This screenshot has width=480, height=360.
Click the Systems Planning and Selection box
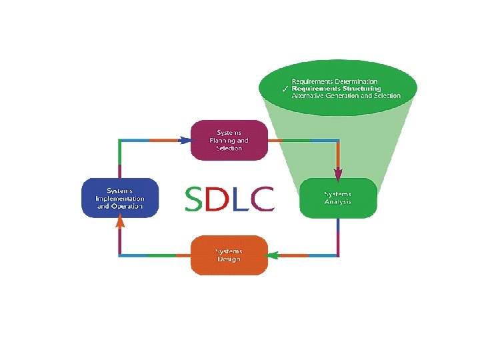tap(229, 140)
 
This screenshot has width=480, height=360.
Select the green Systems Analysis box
tap(338, 198)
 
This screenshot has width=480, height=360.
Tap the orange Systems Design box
tap(229, 255)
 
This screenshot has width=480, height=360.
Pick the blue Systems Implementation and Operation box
tap(120, 198)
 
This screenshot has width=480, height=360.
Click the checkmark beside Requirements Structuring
tap(285, 89)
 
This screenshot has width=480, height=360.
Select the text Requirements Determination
tap(339, 81)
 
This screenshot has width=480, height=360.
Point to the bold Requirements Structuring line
tap(337, 89)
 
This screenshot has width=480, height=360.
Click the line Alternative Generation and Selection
tap(346, 96)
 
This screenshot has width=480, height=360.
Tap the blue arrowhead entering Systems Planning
tap(185, 141)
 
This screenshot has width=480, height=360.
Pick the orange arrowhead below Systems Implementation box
tap(120, 223)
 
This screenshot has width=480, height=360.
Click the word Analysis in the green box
tap(338, 202)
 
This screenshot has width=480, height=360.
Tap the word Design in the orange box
tap(229, 259)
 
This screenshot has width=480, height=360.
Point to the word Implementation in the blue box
tap(120, 199)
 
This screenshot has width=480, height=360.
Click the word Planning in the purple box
tap(224, 141)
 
